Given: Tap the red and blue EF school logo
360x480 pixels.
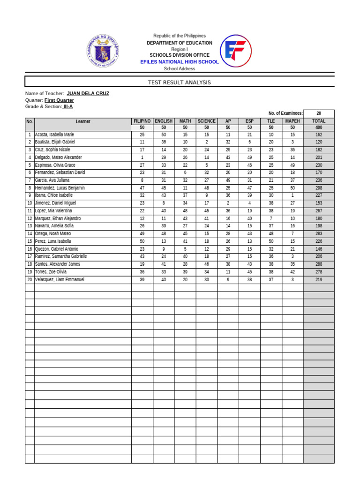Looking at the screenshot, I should (236, 51).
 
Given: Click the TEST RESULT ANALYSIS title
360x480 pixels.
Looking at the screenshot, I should (180, 82).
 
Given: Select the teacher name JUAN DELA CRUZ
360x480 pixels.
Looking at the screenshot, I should (88, 93).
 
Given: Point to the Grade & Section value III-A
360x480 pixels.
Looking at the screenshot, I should (68, 106).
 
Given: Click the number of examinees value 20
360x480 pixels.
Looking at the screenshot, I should (319, 113).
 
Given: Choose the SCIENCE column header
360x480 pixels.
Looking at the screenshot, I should (206, 121).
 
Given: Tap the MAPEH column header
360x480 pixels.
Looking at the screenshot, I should (292, 121).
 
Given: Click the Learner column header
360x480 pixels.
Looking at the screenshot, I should (83, 121).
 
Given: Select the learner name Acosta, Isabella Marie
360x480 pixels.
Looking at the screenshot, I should (54, 135).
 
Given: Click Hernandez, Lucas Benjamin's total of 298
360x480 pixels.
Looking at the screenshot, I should (319, 187).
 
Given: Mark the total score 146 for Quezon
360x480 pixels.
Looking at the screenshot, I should (319, 249).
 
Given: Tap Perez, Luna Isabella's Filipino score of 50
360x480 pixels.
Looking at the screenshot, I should (142, 241).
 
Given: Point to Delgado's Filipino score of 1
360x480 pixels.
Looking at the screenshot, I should (142, 157).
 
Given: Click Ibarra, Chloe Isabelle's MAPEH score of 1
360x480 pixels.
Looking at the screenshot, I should (292, 195).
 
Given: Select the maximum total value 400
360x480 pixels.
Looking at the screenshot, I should (319, 127).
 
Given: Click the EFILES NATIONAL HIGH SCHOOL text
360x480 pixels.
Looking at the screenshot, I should (180, 62).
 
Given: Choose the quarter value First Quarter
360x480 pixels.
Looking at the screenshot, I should (59, 100).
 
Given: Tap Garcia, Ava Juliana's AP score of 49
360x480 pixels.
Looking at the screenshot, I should (228, 180).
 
